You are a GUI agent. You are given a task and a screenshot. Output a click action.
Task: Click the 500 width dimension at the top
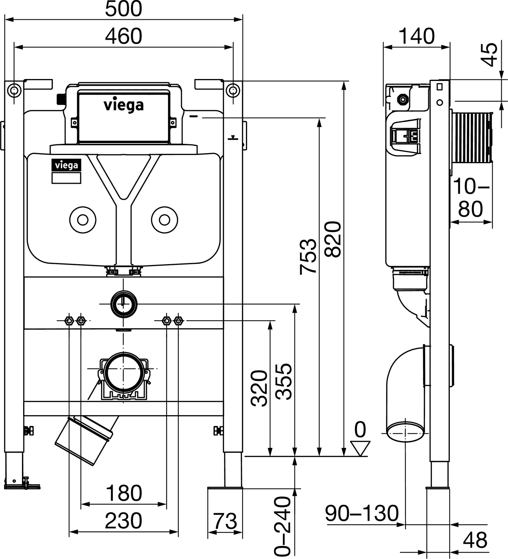(x=123, y=9)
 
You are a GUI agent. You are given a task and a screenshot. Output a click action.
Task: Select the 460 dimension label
(x=123, y=37)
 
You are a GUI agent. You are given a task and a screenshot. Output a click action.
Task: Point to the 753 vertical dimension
(x=309, y=256)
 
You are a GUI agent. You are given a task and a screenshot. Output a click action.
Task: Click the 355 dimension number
(x=284, y=381)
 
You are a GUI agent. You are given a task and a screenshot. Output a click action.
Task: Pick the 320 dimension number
(x=259, y=388)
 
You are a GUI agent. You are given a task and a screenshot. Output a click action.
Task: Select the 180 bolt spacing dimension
(x=124, y=493)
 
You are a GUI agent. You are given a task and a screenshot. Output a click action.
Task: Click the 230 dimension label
(x=123, y=521)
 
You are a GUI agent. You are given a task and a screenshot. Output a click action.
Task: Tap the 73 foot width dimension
(x=225, y=521)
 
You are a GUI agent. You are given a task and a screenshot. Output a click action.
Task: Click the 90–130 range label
(x=362, y=514)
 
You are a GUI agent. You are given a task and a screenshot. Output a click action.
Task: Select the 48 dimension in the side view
(x=475, y=540)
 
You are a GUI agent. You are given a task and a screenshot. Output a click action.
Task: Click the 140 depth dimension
(x=416, y=37)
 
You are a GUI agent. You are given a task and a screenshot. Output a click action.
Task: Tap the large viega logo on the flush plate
(x=123, y=105)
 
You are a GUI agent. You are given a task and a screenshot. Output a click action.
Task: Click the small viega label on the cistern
(x=66, y=165)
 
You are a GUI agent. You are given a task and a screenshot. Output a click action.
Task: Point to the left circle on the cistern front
(x=83, y=220)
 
